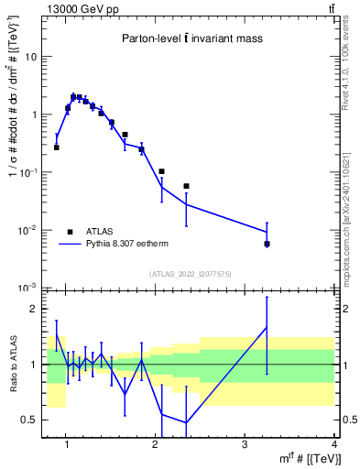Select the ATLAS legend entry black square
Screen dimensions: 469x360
click(x=70, y=232)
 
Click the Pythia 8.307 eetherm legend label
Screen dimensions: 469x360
click(x=127, y=245)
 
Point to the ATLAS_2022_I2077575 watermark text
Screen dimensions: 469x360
click(x=190, y=272)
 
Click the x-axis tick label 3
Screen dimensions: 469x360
click(x=244, y=444)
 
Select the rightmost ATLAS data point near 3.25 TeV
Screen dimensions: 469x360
click(x=267, y=244)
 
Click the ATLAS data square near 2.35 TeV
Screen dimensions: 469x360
click(x=187, y=186)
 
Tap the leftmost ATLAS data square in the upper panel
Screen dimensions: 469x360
click(x=57, y=147)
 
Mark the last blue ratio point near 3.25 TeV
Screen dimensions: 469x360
click(x=267, y=327)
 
